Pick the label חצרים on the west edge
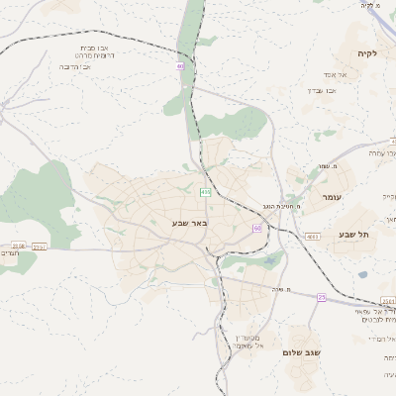[18, 255]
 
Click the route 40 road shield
[180, 66]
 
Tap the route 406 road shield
[205, 192]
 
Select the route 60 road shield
[257, 228]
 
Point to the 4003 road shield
[312, 237]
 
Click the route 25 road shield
[322, 297]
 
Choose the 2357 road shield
[39, 247]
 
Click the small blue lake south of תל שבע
[363, 274]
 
